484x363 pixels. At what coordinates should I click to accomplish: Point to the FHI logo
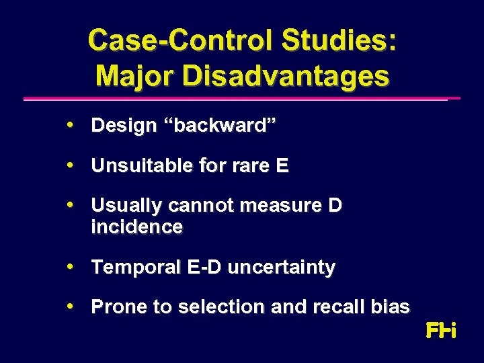pos(441,331)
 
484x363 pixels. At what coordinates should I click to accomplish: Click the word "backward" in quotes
pos(226,126)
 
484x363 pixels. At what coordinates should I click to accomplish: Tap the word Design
pos(124,126)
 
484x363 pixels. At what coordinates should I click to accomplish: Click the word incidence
pos(136,227)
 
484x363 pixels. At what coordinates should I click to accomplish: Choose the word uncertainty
pos(281,268)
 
